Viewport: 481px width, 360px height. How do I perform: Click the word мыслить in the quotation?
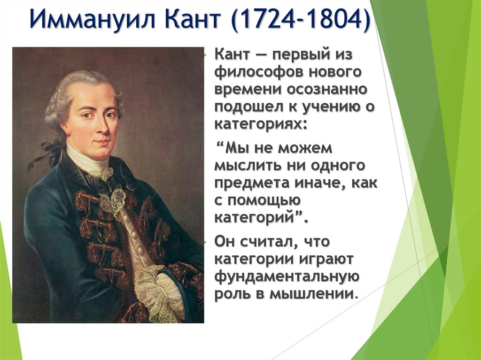(244, 165)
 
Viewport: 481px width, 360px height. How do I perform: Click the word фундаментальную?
(287, 276)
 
